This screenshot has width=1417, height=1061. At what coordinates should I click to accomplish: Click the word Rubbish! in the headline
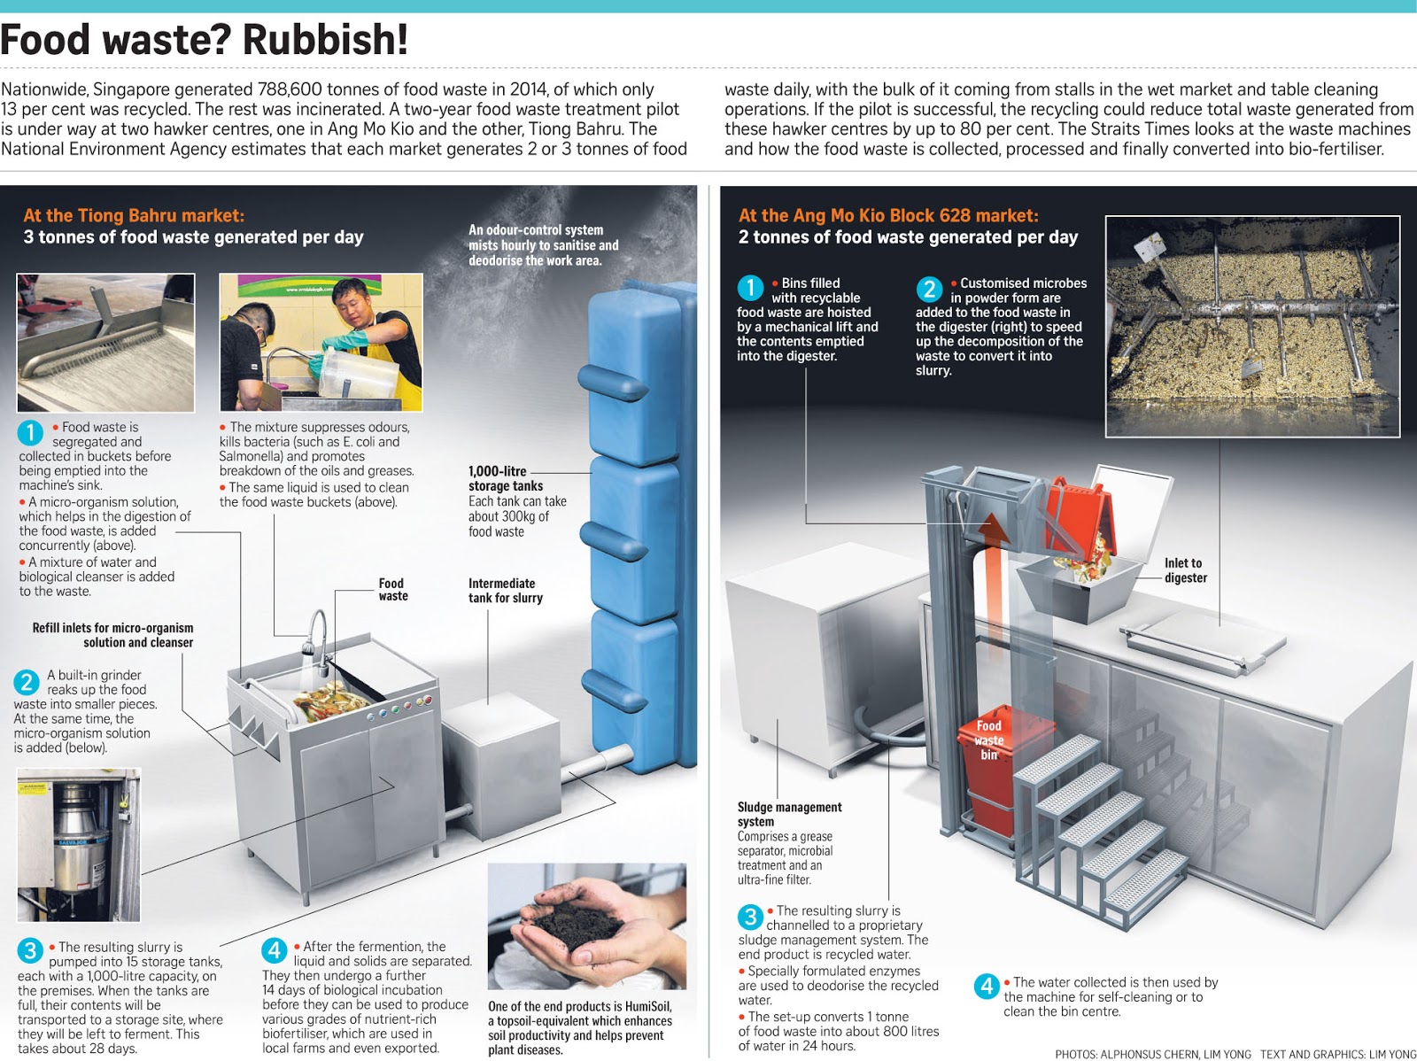tap(325, 40)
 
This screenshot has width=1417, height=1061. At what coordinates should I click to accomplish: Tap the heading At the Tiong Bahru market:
tap(134, 215)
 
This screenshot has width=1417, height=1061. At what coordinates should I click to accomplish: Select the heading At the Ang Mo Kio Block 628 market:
tap(888, 215)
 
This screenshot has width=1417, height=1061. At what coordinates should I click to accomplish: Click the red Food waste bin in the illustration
tap(990, 762)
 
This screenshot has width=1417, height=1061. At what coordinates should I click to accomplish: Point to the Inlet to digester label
tap(1185, 570)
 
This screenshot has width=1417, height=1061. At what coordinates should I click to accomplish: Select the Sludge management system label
tap(788, 814)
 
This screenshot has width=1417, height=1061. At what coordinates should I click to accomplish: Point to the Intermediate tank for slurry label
tap(505, 591)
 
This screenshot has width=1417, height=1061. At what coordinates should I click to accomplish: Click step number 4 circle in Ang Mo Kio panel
tap(987, 986)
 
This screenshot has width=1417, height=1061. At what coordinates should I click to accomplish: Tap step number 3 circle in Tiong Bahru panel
tap(30, 950)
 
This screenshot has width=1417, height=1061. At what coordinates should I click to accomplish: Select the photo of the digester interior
tap(1252, 326)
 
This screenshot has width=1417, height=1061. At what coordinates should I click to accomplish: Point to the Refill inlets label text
tap(112, 635)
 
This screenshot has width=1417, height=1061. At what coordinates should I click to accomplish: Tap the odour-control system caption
tap(543, 244)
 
